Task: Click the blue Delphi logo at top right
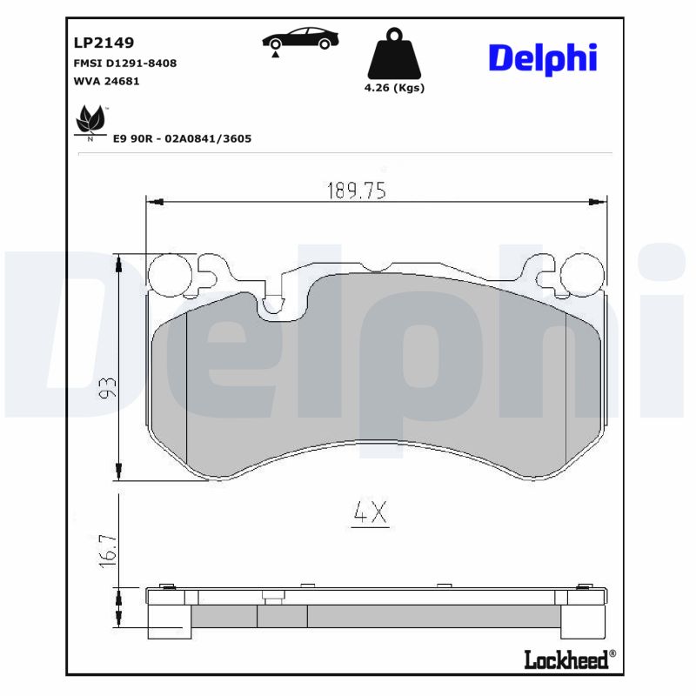(542, 57)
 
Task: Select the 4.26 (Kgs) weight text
(395, 88)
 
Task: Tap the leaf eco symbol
(90, 120)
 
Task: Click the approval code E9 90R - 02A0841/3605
(182, 138)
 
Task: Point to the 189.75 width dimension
(356, 191)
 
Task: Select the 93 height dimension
(107, 389)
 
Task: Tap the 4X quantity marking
(369, 513)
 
